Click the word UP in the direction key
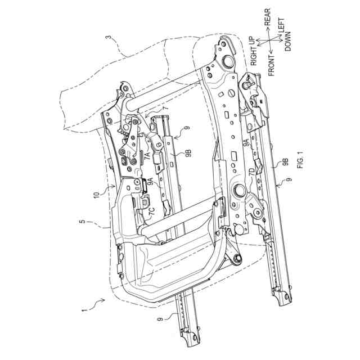click(x=254, y=42)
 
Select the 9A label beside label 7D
click(x=246, y=147)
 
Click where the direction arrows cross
click(x=268, y=40)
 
